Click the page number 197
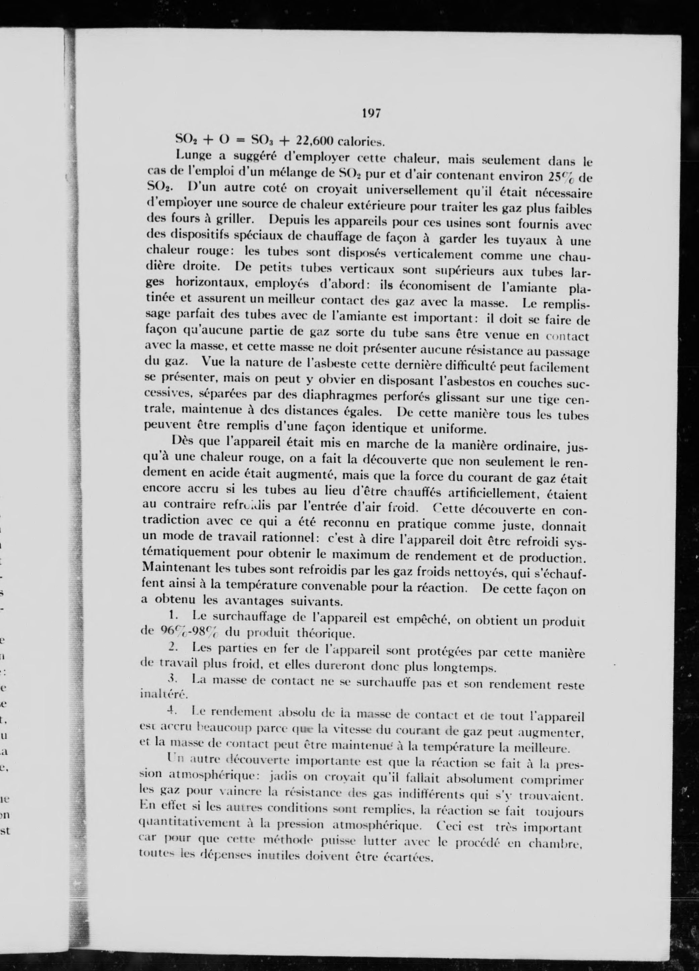coord(371,113)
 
